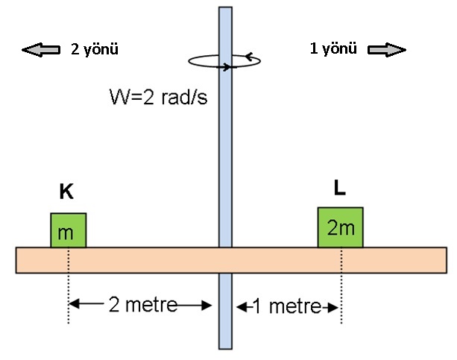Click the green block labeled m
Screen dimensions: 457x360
point(68,230)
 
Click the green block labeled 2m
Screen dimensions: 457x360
point(341,227)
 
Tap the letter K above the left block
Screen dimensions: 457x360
point(66,192)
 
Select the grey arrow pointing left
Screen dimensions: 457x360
point(41,50)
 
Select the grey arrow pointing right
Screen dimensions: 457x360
point(387,50)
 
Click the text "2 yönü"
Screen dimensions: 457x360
point(95,49)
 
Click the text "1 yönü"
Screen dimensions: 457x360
point(333,48)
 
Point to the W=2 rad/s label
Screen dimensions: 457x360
point(158,97)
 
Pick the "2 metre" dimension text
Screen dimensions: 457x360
point(143,305)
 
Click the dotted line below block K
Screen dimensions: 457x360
point(69,285)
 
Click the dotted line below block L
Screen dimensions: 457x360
point(341,285)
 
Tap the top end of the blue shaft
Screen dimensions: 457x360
point(226,7)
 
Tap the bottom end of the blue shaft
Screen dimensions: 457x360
point(226,348)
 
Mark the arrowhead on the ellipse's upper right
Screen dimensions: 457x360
point(248,56)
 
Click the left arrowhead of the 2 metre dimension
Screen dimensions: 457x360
point(74,304)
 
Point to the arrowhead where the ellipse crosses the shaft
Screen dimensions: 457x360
point(227,67)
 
